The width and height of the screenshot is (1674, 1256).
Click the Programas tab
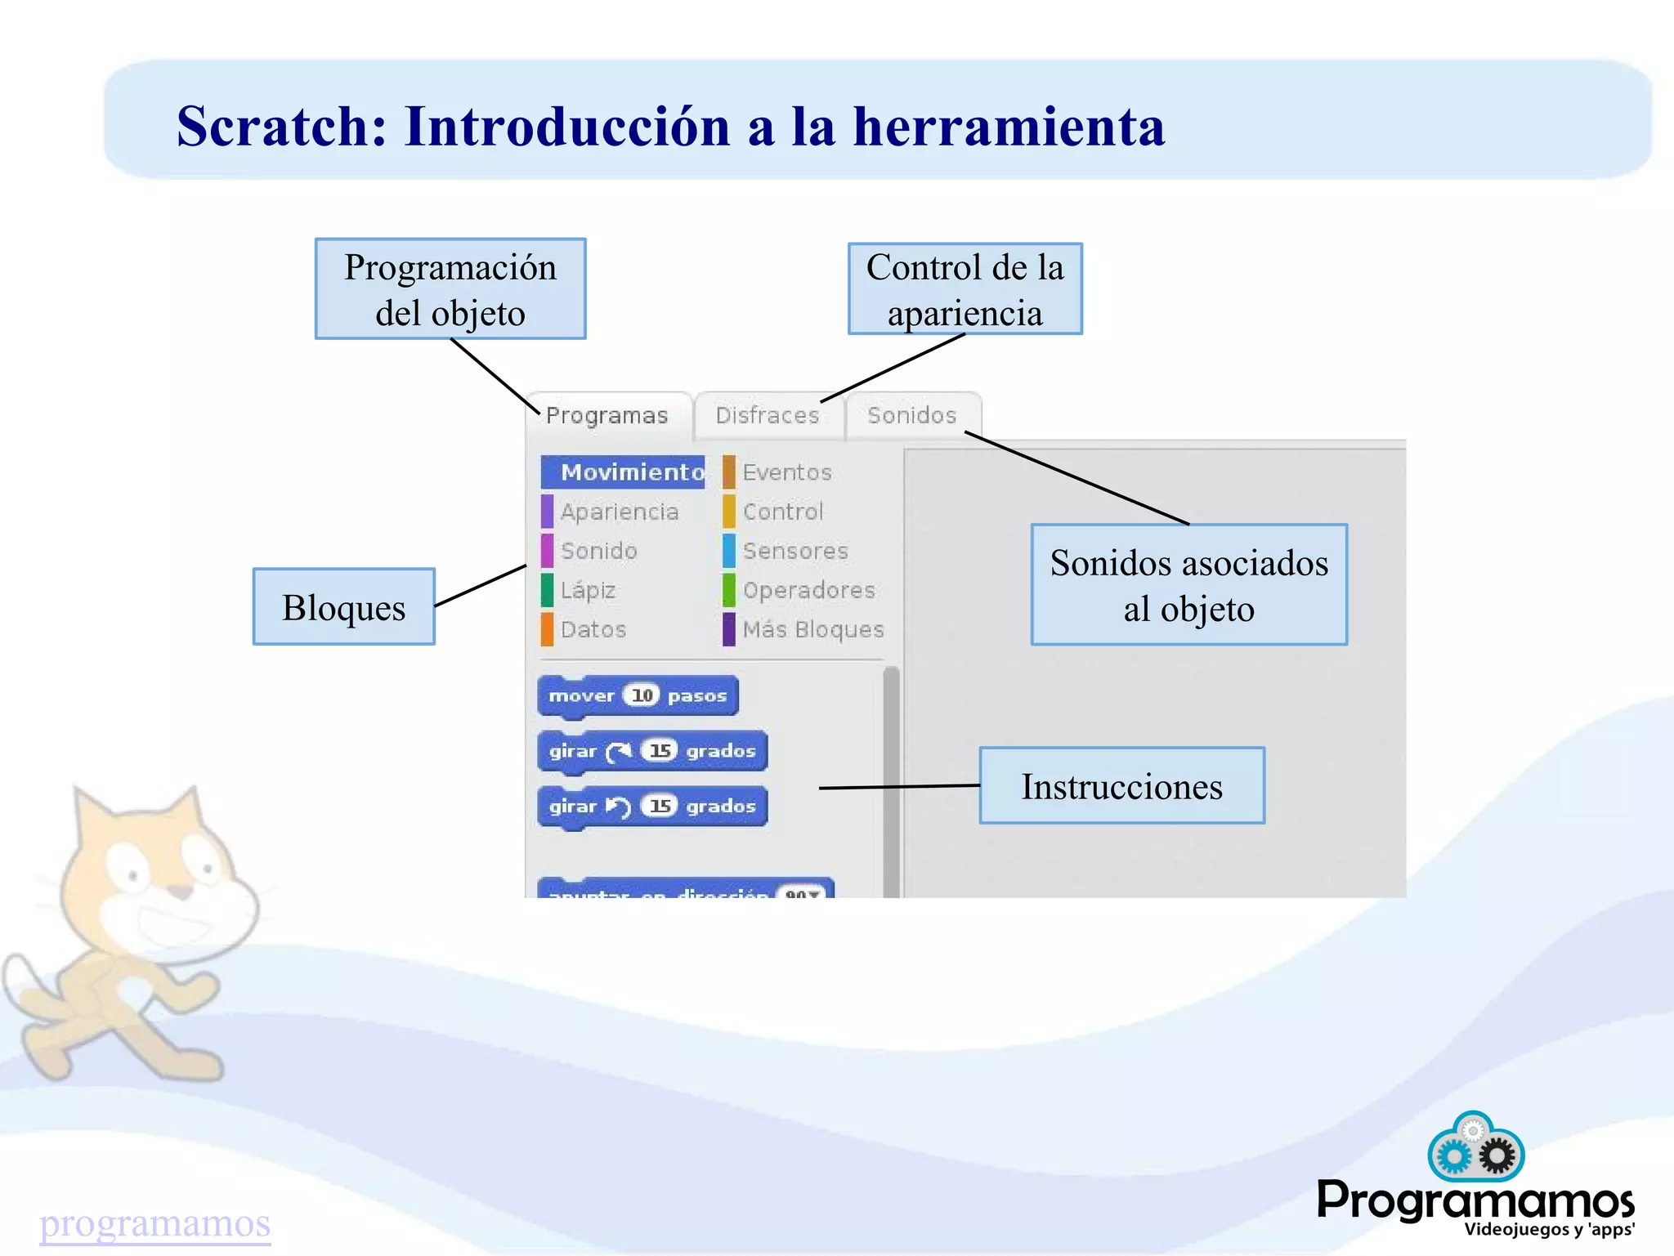pyautogui.click(x=606, y=415)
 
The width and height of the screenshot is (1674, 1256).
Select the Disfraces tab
pyautogui.click(x=767, y=415)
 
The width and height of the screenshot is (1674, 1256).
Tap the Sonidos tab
pyautogui.click(x=911, y=415)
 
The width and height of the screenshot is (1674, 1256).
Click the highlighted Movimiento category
pyautogui.click(x=624, y=472)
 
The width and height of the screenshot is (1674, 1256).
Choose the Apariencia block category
pyautogui.click(x=619, y=512)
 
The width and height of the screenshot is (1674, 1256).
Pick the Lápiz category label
pyautogui.click(x=588, y=590)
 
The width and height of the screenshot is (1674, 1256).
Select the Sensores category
pyautogui.click(x=794, y=551)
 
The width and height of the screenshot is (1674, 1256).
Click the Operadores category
pyautogui.click(x=808, y=590)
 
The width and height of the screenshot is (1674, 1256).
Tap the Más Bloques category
pyautogui.click(x=812, y=629)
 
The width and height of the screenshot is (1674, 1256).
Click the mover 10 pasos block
pyautogui.click(x=638, y=695)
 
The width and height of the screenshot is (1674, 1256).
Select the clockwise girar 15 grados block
pyautogui.click(x=651, y=751)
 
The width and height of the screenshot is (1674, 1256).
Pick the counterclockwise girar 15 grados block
pyautogui.click(x=651, y=807)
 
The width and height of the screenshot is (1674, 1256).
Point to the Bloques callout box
pyautogui.click(x=343, y=607)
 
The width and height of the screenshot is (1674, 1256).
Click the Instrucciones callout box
pyautogui.click(x=1121, y=785)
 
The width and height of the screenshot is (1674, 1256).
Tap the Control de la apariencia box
pyautogui.click(x=965, y=289)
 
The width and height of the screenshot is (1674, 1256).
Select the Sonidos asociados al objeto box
pyautogui.click(x=1188, y=585)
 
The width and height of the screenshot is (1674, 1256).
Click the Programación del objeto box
pyautogui.click(x=450, y=289)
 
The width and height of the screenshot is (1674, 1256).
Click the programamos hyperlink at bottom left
pyautogui.click(x=154, y=1223)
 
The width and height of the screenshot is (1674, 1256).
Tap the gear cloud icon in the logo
pyautogui.click(x=1475, y=1148)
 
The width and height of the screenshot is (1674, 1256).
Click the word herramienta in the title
pyautogui.click(x=1009, y=127)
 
